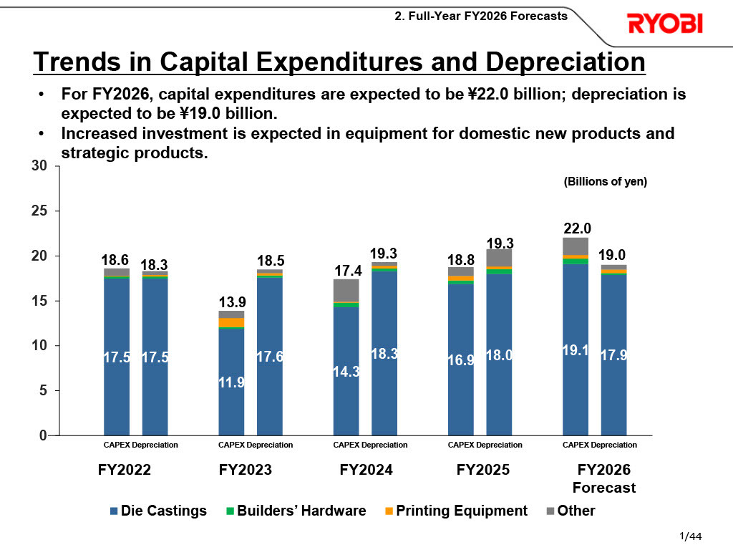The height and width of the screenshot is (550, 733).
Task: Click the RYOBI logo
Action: (x=665, y=24)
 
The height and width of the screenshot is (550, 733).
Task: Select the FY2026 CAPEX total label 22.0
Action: (x=576, y=228)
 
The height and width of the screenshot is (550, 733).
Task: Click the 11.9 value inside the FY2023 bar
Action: (x=231, y=382)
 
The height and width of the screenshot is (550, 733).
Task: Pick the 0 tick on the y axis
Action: (x=44, y=435)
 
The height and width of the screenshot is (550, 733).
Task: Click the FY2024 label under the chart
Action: (x=366, y=471)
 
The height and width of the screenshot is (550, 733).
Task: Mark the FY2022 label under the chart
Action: (x=125, y=471)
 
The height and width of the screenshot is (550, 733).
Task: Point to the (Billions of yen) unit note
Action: (x=606, y=182)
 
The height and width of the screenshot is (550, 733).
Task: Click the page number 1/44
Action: (x=690, y=536)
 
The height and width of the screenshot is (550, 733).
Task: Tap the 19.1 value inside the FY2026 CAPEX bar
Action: (x=576, y=351)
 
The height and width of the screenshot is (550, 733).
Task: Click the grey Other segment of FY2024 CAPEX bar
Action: (x=346, y=290)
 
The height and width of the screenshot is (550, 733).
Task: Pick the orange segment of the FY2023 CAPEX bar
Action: (x=231, y=322)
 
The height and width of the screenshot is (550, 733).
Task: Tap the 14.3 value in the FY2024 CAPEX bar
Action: (x=346, y=371)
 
